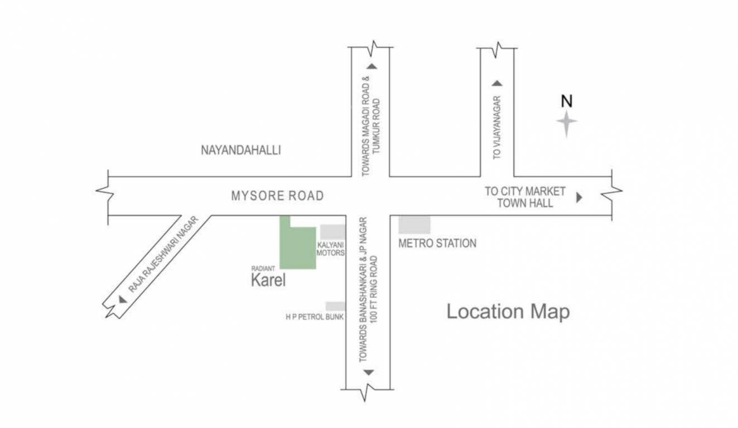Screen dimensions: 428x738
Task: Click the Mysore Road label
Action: point(277,196)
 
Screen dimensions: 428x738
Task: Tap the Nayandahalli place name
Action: point(240,150)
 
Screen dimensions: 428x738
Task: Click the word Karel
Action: point(268,280)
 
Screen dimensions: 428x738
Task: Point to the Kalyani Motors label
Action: point(331,249)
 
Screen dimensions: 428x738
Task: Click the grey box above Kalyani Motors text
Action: point(332,232)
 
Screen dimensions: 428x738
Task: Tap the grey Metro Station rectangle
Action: point(414,225)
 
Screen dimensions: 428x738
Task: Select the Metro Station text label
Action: point(437,244)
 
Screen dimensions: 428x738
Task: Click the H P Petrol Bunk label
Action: point(315,317)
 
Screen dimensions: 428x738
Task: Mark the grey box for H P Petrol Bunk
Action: point(335,306)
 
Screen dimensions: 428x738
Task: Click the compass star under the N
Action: point(567,123)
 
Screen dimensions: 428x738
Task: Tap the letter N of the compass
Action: point(567,101)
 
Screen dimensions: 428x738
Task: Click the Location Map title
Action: point(508,312)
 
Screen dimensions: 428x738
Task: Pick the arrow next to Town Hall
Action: point(579,197)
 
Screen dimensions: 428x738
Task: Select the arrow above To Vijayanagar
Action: point(497,84)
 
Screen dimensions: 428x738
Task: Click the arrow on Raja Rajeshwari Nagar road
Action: point(122,299)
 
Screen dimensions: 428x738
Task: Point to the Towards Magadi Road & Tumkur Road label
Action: point(370,125)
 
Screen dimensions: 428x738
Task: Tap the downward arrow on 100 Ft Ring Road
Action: point(368,372)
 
